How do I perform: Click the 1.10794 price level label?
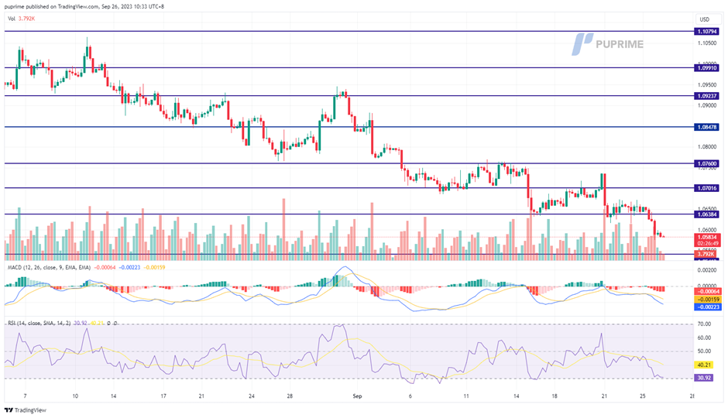[x=707, y=32]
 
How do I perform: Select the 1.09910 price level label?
[x=707, y=68]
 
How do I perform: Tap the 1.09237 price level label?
[x=707, y=97]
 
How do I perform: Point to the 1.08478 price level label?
[x=707, y=127]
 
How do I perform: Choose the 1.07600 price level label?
[x=707, y=164]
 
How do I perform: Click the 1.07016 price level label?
[x=707, y=188]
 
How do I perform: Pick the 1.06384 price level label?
[x=707, y=214]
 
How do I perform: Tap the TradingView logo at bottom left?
[x=26, y=410]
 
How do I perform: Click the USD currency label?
[x=704, y=19]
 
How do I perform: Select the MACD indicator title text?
[x=50, y=267]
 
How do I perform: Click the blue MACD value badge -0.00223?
[x=706, y=307]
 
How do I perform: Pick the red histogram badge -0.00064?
[x=706, y=291]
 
